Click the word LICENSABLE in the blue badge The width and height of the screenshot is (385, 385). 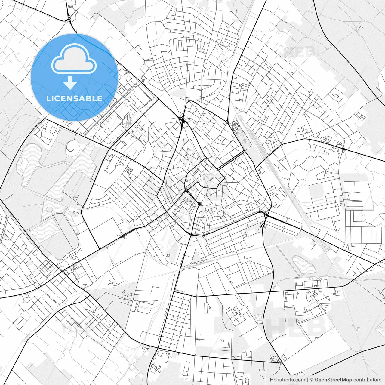[x=74, y=98]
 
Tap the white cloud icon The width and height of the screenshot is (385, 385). [x=74, y=59]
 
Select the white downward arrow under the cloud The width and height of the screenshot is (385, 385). [x=70, y=83]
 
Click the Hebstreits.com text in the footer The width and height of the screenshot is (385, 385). [x=287, y=380]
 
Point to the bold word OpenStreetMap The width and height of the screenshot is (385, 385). [x=333, y=380]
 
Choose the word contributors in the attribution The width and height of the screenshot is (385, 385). [x=367, y=380]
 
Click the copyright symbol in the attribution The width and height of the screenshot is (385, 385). [x=312, y=380]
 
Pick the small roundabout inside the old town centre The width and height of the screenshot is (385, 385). [x=200, y=204]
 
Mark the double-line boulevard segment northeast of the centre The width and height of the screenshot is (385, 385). [x=231, y=160]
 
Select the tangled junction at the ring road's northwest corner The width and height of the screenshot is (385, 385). [x=182, y=121]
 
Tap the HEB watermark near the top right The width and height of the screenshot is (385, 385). [x=300, y=52]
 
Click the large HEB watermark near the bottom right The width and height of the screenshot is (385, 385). [x=296, y=326]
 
